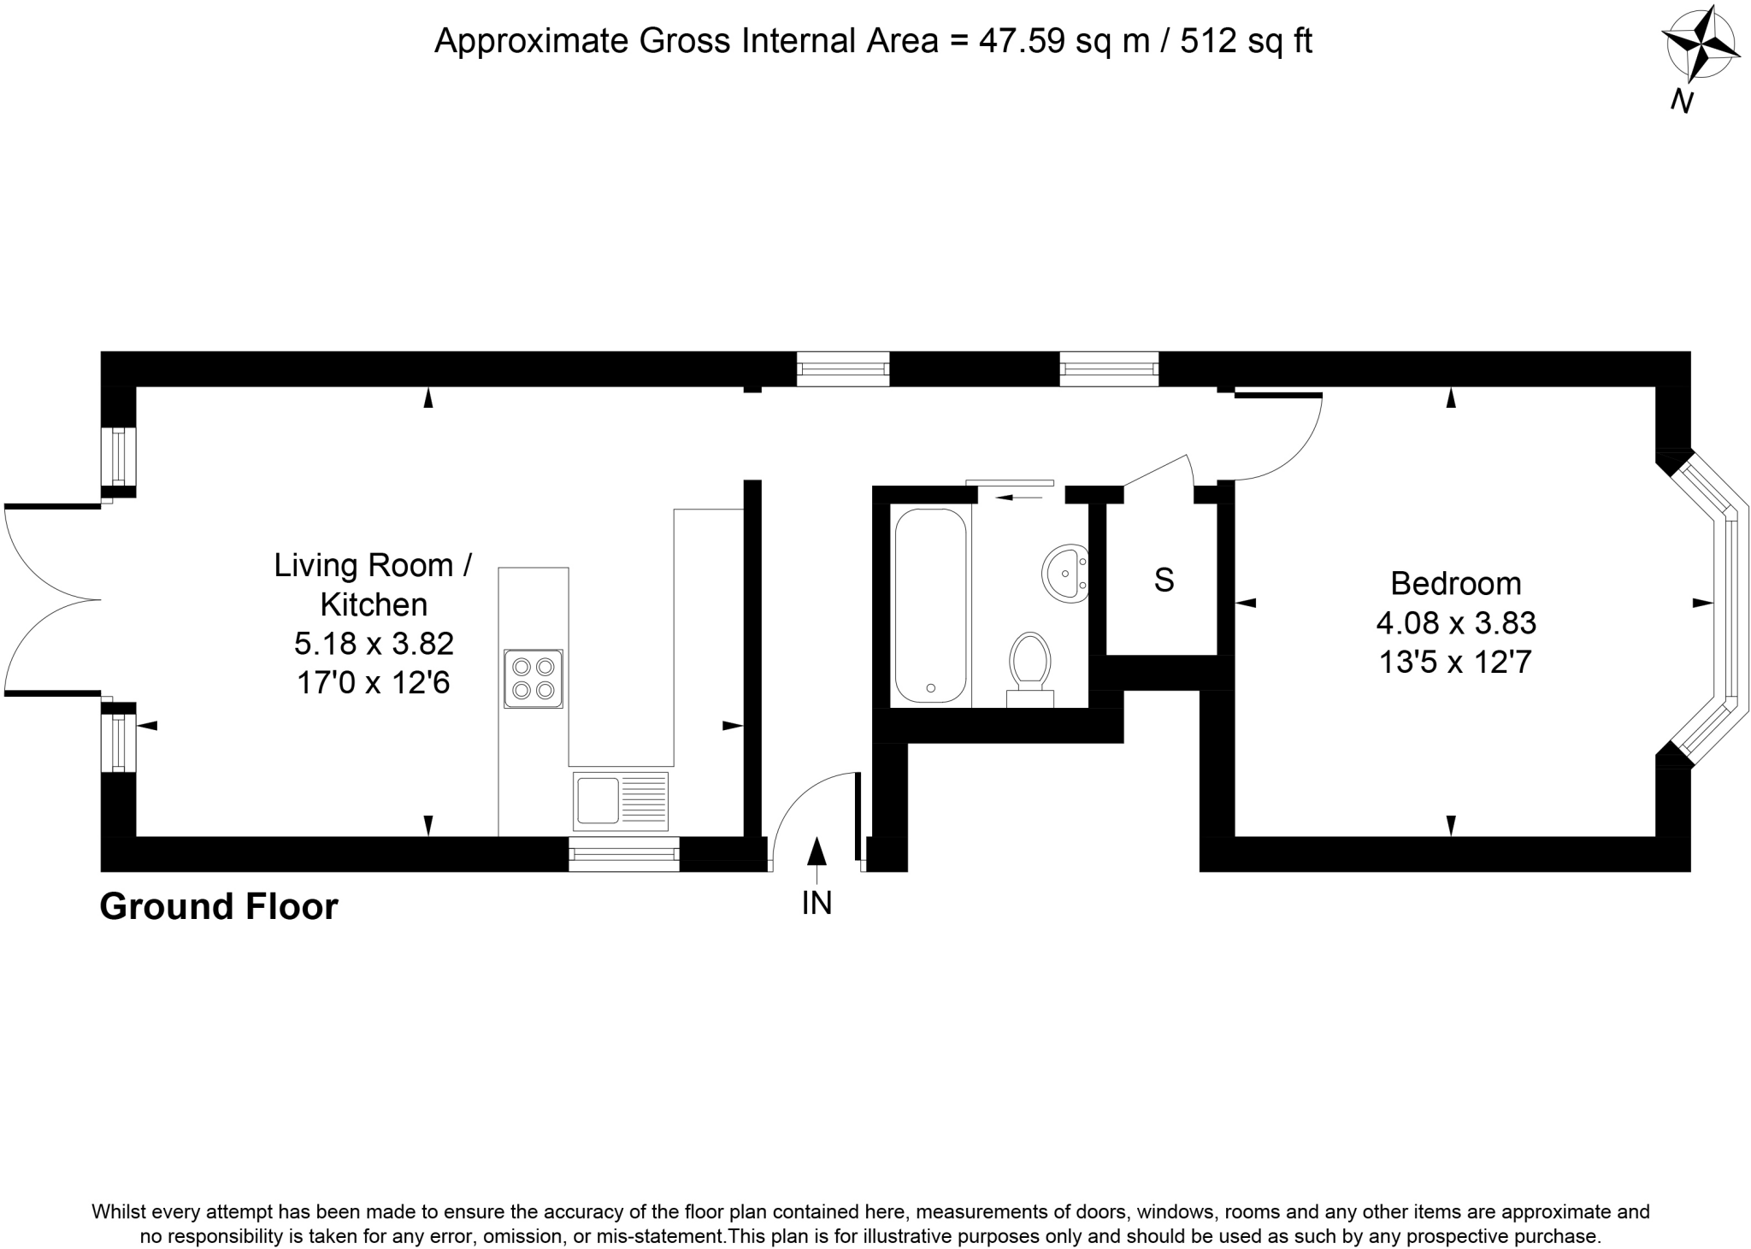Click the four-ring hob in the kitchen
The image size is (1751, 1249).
click(534, 678)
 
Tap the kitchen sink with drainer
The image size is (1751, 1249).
click(621, 800)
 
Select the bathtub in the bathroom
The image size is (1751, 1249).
click(930, 605)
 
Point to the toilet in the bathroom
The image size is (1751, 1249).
click(1030, 667)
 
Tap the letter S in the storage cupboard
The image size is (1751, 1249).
click(1164, 580)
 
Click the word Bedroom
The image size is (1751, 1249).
click(1456, 584)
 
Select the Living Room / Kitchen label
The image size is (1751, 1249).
click(373, 585)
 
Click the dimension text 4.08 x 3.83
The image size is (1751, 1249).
click(1456, 623)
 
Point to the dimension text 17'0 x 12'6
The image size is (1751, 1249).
click(373, 683)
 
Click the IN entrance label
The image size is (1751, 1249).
click(817, 904)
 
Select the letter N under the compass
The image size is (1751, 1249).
click(1682, 103)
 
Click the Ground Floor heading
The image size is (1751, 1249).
click(219, 907)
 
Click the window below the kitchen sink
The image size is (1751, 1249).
click(623, 853)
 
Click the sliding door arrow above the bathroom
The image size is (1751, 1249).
click(1013, 497)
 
